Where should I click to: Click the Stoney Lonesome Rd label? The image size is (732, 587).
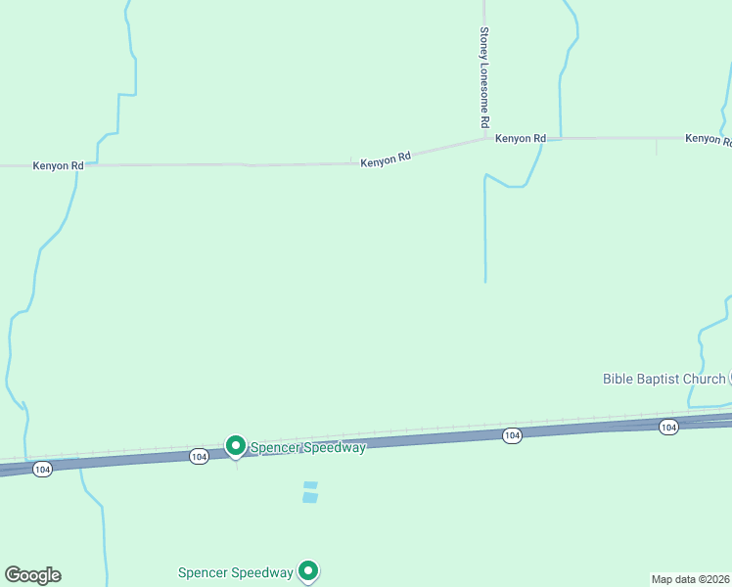tap(483, 77)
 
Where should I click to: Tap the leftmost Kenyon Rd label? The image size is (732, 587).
tap(58, 166)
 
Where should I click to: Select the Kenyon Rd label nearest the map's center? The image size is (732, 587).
tap(385, 158)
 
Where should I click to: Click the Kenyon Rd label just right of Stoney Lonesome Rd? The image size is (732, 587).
tap(520, 139)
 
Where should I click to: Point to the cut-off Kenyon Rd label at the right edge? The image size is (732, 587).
tap(708, 139)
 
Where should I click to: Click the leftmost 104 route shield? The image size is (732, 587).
tap(41, 470)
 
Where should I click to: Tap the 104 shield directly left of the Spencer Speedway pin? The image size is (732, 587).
tap(199, 457)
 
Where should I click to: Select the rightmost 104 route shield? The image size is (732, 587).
tap(668, 427)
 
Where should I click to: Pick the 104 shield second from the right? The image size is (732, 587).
tap(511, 435)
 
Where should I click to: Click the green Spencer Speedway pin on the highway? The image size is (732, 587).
tap(236, 446)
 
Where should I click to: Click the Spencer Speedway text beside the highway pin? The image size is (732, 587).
tap(307, 448)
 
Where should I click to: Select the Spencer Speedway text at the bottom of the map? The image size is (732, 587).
tap(236, 572)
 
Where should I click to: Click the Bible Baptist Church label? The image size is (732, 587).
tap(663, 379)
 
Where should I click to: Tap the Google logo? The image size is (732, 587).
tap(32, 575)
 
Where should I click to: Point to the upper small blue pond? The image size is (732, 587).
tap(311, 485)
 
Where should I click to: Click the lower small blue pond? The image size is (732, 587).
tap(310, 497)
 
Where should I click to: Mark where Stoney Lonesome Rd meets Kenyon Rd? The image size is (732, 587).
tap(484, 138)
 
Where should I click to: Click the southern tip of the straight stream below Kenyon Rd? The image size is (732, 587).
tap(485, 281)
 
